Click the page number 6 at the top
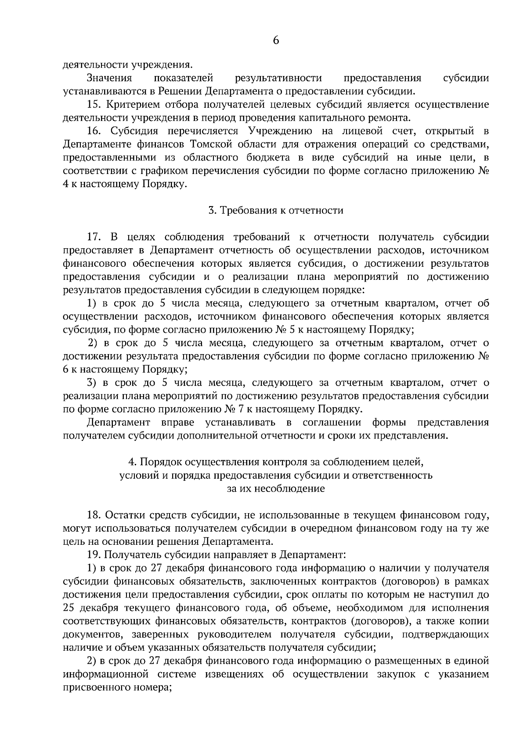tap(276, 40)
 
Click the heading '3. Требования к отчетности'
tap(276, 210)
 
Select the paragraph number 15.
tap(94, 105)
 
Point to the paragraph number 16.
tap(94, 131)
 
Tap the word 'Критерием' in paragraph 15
tap(130, 105)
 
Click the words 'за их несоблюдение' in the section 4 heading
tap(276, 489)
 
